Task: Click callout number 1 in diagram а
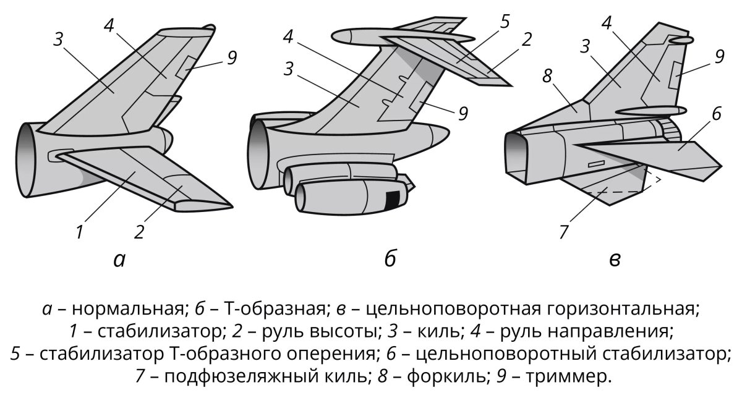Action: [80, 233]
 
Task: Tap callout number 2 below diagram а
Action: [139, 232]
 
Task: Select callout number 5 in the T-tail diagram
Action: [505, 22]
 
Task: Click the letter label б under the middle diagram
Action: [390, 260]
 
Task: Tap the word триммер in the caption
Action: [566, 376]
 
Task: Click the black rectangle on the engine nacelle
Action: [393, 200]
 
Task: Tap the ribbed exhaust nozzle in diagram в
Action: [668, 128]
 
